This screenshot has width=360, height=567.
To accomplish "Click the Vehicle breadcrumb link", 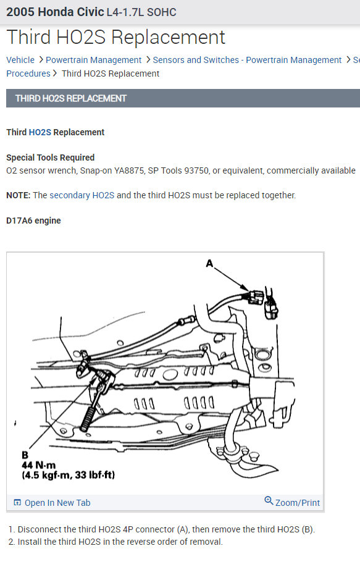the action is (x=20, y=60).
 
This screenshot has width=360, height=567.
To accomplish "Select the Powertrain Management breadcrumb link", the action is (x=93, y=60).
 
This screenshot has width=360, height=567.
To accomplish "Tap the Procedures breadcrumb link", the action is (x=28, y=73).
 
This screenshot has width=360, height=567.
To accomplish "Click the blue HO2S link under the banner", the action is (x=40, y=132).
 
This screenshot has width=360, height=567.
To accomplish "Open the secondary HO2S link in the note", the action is (x=82, y=195).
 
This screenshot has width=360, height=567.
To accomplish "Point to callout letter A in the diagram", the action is (x=209, y=264).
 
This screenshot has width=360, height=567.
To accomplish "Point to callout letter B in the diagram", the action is (x=25, y=455).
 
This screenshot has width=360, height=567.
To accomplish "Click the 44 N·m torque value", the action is (x=39, y=465).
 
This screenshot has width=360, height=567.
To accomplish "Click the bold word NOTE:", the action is (x=19, y=195).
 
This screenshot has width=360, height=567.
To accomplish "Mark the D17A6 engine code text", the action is (x=33, y=220).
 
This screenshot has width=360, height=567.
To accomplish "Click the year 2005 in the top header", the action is (x=20, y=12).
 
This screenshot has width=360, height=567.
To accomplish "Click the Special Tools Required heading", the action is (x=50, y=157).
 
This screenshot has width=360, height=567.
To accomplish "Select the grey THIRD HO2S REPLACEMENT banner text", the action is (x=71, y=98).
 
